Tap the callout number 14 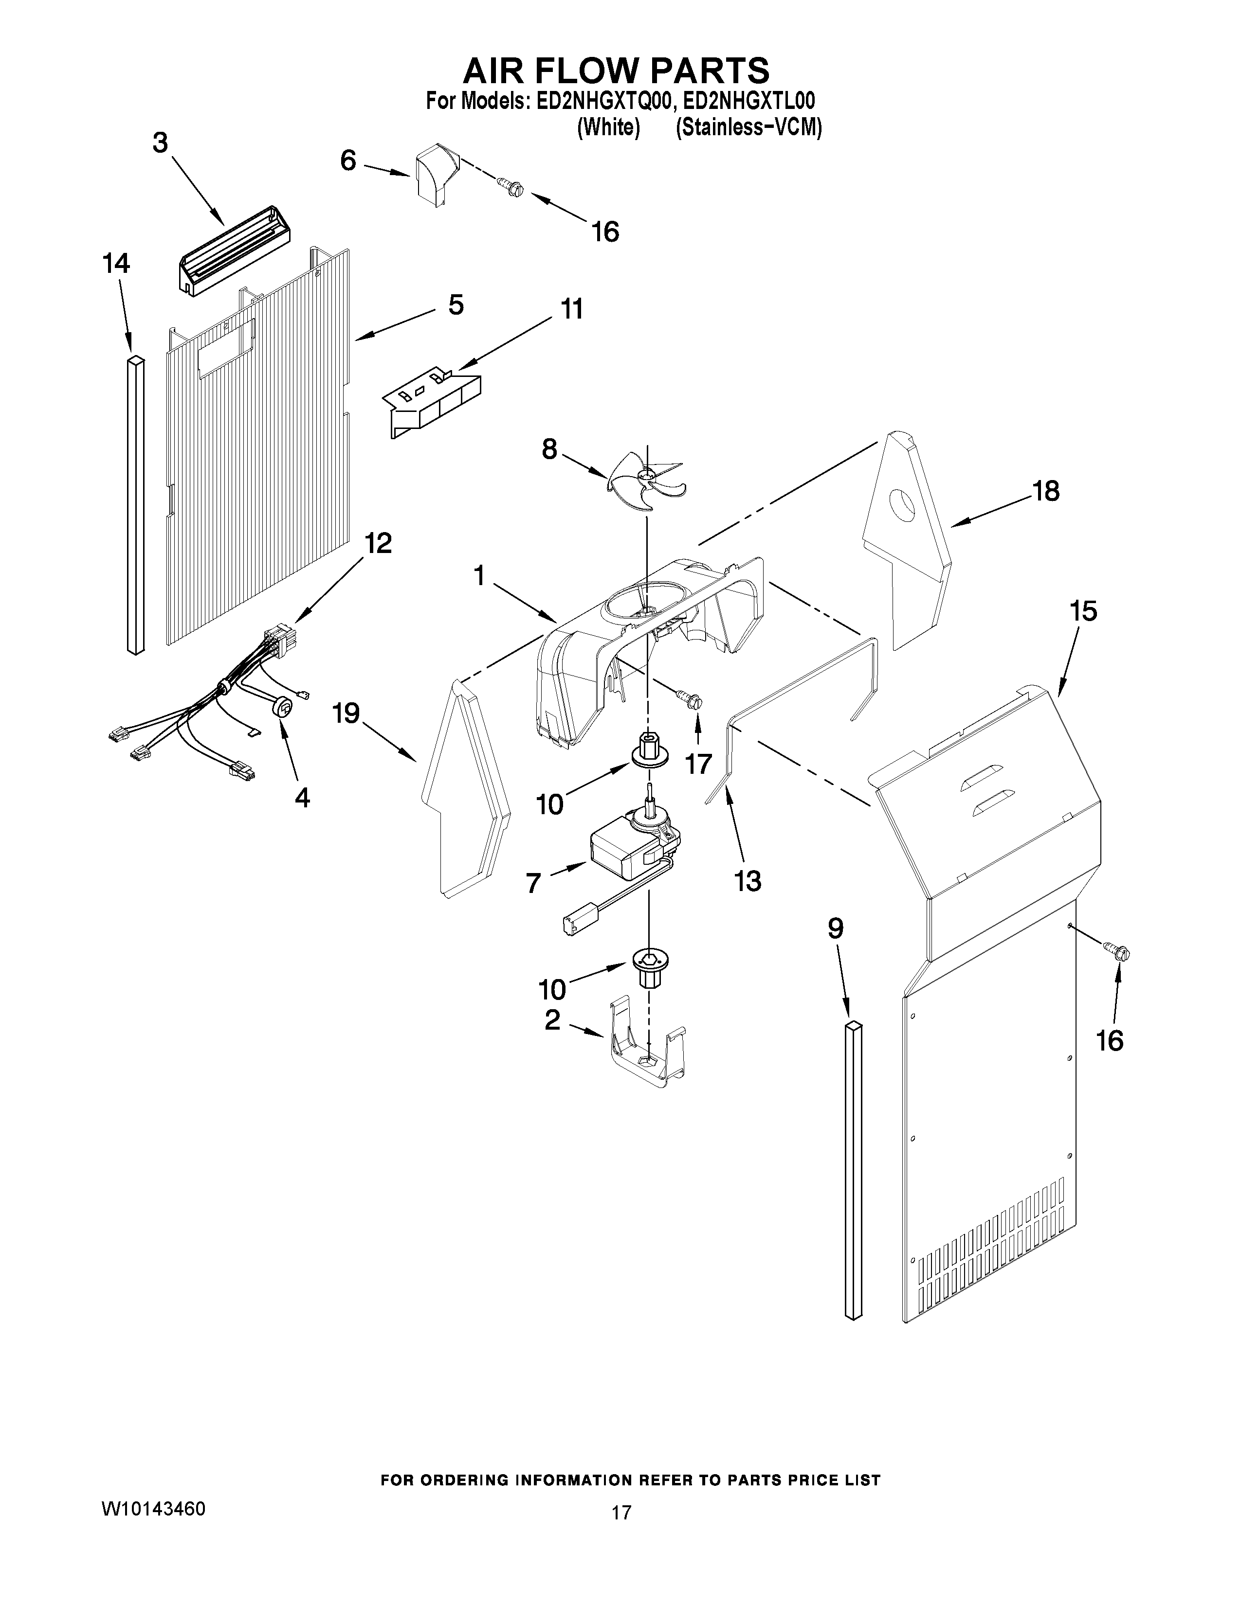pyautogui.click(x=116, y=263)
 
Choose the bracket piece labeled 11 pyautogui.click(x=434, y=402)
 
